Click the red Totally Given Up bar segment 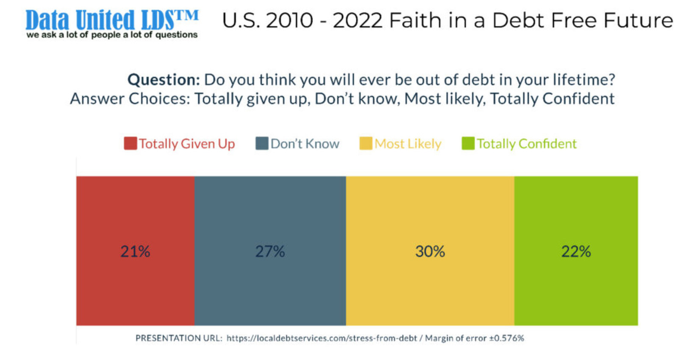click(x=136, y=212)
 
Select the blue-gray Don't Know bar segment click(x=270, y=212)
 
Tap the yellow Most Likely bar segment click(x=430, y=212)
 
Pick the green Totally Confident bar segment click(x=576, y=212)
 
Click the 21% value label click(x=136, y=252)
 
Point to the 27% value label click(x=270, y=252)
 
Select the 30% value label click(x=430, y=252)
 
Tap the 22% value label click(x=576, y=252)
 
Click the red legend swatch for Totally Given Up click(x=130, y=144)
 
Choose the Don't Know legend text click(x=305, y=144)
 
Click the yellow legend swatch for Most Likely click(x=366, y=144)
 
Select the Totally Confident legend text click(x=527, y=144)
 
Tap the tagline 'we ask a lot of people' click(x=112, y=35)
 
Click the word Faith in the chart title click(x=415, y=20)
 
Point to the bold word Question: click(x=164, y=80)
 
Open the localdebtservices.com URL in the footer click(x=322, y=338)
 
